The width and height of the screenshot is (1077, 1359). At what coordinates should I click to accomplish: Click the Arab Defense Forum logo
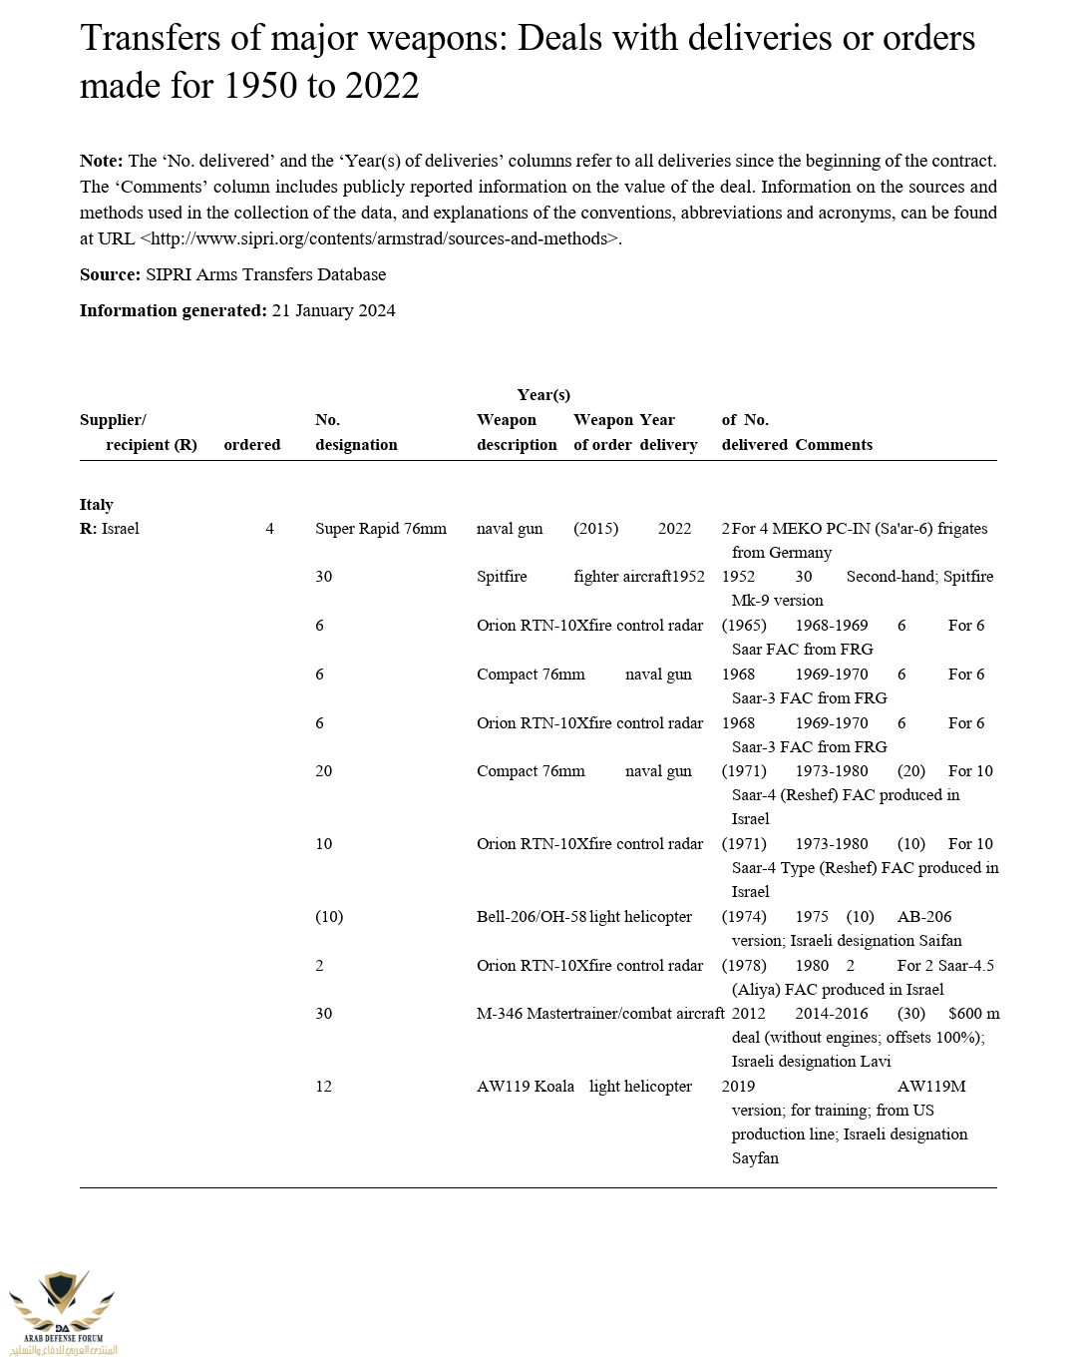pos(62,1310)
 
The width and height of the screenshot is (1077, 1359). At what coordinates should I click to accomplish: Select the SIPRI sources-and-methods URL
pos(380,238)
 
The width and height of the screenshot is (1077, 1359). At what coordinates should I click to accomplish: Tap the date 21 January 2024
pos(333,310)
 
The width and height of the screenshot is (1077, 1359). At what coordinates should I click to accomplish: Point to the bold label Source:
pos(110,274)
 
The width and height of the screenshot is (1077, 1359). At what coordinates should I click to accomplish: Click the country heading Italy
pos(97,504)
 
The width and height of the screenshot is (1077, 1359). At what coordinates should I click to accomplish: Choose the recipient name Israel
pos(121,528)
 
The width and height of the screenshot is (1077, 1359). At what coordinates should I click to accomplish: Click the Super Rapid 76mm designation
pos(381,528)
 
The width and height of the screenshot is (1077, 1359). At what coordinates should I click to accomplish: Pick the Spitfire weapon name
pos(502,576)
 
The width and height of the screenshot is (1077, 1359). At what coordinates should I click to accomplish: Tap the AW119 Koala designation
pos(526,1086)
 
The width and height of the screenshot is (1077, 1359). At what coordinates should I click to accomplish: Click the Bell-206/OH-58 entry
pos(532,916)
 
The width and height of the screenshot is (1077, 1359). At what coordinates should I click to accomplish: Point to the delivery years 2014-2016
pos(832,1013)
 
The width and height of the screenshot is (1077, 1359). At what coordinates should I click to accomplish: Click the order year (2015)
pos(595,528)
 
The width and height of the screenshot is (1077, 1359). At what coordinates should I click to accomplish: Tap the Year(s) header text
pos(543,394)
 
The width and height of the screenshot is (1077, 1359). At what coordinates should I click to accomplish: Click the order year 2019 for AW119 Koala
pos(738,1086)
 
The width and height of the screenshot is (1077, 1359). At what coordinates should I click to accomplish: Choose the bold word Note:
pos(102,161)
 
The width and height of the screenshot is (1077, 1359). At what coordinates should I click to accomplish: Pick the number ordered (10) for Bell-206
pos(329,916)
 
